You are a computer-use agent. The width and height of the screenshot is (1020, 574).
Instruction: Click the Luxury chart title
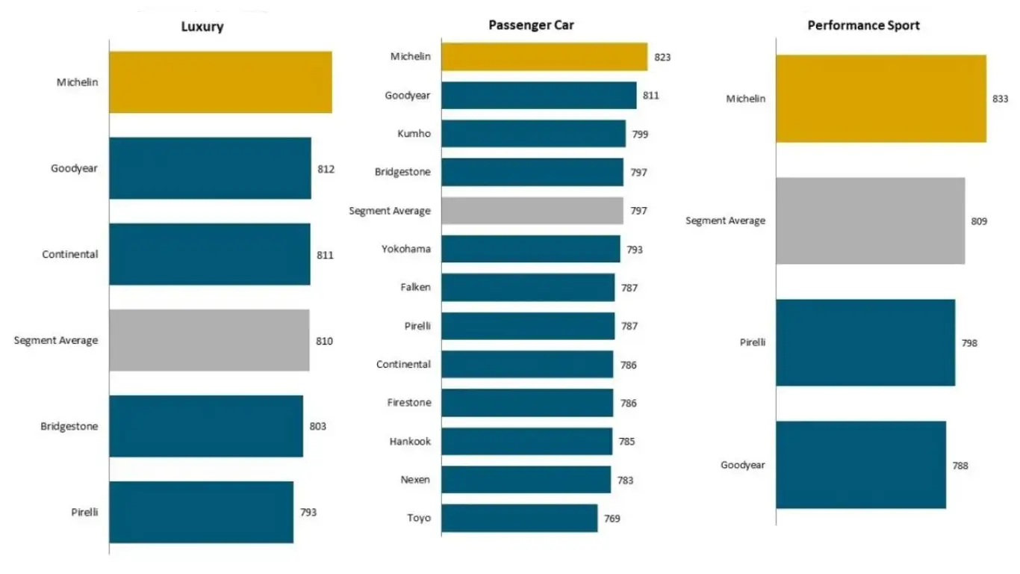[x=202, y=27]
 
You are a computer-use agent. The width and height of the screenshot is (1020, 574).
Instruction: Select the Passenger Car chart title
[x=531, y=25]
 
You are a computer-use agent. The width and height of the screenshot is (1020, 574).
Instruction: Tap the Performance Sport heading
[x=863, y=25]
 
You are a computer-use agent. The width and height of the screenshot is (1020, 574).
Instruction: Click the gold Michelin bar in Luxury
[x=220, y=82]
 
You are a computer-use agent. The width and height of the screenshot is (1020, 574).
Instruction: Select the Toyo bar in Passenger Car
[x=519, y=518]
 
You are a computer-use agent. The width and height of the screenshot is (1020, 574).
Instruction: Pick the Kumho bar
[x=533, y=134]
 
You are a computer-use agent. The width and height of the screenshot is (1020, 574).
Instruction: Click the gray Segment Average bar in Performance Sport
[x=870, y=220]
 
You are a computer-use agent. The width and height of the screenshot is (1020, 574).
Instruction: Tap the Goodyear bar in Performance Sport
[x=860, y=465]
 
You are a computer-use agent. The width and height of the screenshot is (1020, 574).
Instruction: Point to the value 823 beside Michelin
[x=662, y=57]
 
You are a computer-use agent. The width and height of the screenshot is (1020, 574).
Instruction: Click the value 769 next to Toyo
[x=612, y=519]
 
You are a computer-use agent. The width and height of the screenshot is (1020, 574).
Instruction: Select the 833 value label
[x=1001, y=99]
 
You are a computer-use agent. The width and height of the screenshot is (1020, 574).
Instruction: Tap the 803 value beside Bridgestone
[x=318, y=427]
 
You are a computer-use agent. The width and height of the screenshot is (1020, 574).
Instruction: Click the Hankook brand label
[x=410, y=442]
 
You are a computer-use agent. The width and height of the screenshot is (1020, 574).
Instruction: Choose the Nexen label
[x=415, y=480]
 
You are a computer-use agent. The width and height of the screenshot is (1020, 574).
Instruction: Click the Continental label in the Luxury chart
[x=69, y=254]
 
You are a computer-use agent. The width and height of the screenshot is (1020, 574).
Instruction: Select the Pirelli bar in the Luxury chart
[x=201, y=512]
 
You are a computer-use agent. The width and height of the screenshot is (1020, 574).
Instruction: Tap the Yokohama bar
[x=530, y=249]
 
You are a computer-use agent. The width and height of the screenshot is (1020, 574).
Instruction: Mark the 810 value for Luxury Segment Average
[x=324, y=341]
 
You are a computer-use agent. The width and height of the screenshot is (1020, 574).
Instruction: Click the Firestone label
[x=409, y=403]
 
